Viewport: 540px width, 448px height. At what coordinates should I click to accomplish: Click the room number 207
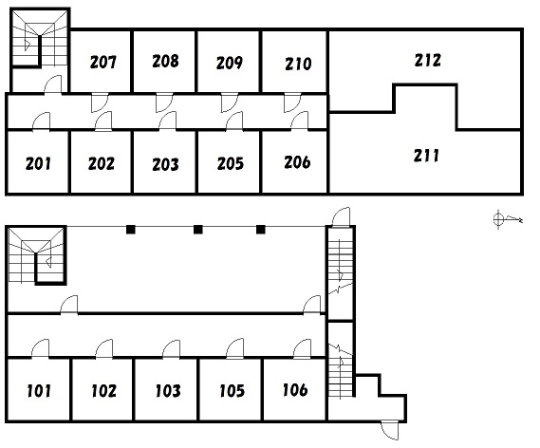click(x=103, y=62)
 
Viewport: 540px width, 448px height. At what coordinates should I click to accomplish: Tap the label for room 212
click(x=427, y=60)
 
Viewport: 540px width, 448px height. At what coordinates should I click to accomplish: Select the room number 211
click(x=426, y=156)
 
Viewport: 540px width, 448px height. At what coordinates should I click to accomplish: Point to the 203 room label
click(x=166, y=164)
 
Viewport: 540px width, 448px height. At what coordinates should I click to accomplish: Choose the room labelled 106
click(x=295, y=390)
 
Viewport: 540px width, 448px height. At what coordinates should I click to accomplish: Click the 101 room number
click(x=39, y=391)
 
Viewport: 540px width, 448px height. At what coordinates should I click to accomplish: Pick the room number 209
click(x=230, y=63)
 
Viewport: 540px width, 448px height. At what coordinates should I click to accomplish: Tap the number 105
click(x=233, y=391)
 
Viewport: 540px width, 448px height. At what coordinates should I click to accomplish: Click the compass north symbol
click(x=508, y=218)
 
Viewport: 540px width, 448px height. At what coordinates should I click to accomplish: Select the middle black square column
click(x=198, y=230)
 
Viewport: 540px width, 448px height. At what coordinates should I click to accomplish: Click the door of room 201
click(x=42, y=121)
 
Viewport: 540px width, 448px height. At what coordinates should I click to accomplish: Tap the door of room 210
click(x=292, y=103)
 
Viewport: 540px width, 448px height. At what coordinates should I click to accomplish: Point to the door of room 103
click(x=171, y=349)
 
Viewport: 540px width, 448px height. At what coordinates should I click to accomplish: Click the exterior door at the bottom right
click(x=390, y=430)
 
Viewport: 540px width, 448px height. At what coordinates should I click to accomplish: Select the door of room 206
click(x=300, y=121)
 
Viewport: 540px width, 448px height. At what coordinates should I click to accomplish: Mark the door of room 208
click(x=164, y=103)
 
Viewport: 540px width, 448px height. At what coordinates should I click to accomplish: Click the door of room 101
click(x=40, y=349)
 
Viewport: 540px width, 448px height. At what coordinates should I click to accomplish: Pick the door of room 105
click(x=234, y=349)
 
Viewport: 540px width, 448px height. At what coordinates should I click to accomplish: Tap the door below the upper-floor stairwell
click(x=53, y=84)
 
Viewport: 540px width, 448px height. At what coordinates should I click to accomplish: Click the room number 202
click(x=102, y=163)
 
